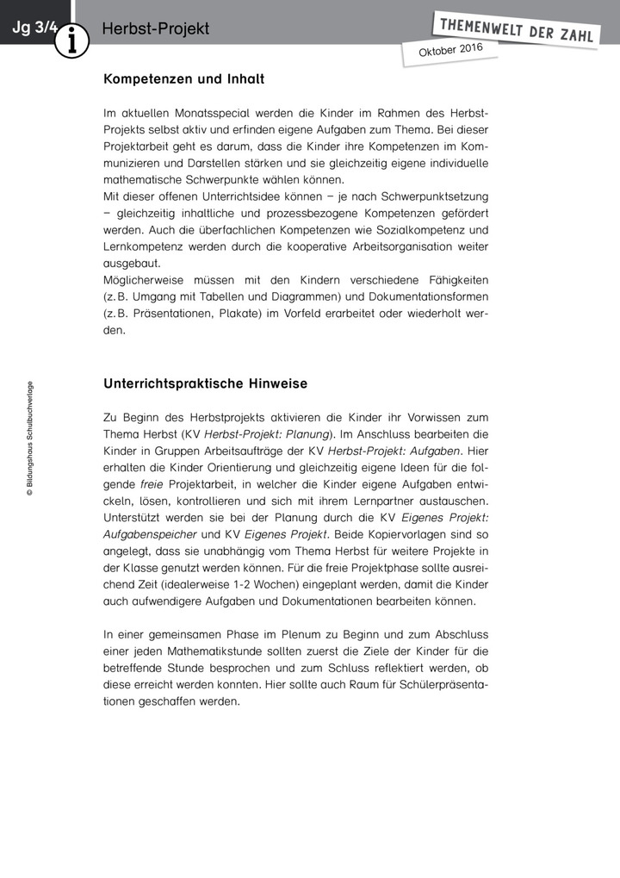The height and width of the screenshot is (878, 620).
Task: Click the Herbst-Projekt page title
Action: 155,29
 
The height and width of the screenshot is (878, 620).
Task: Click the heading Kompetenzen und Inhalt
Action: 183,79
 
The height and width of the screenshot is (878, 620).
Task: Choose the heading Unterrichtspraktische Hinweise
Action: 205,383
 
